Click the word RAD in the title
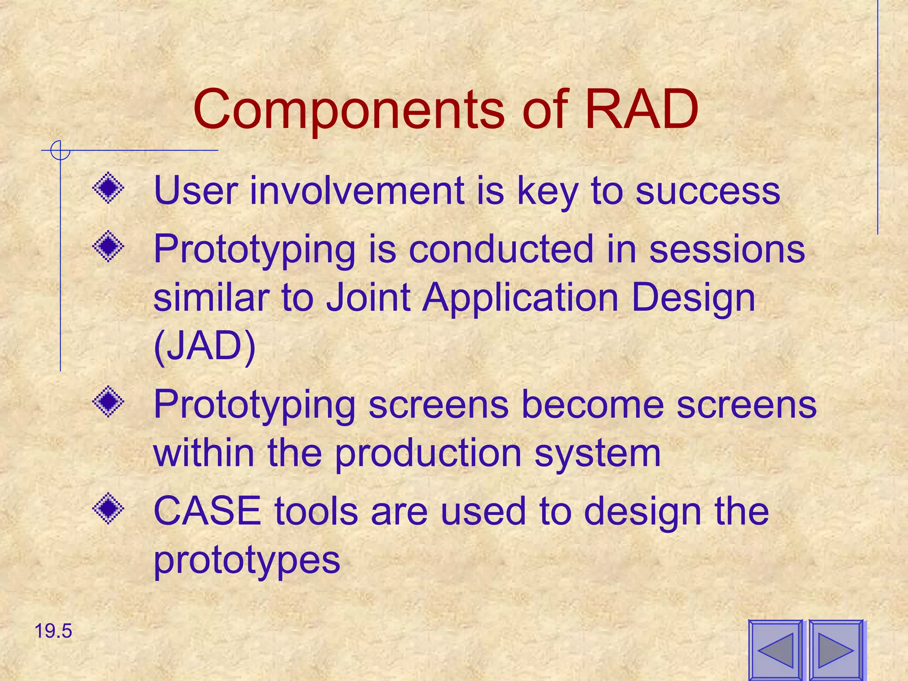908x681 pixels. (641, 109)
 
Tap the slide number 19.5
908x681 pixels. (53, 631)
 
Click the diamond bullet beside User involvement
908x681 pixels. (108, 188)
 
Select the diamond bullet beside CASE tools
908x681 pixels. (108, 509)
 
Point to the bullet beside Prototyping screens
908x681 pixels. (108, 402)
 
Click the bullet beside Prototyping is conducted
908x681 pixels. (108, 246)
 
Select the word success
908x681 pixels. (708, 191)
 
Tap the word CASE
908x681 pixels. (207, 511)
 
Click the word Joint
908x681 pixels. (368, 297)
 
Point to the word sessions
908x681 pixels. (727, 249)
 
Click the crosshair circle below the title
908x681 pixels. (60, 150)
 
